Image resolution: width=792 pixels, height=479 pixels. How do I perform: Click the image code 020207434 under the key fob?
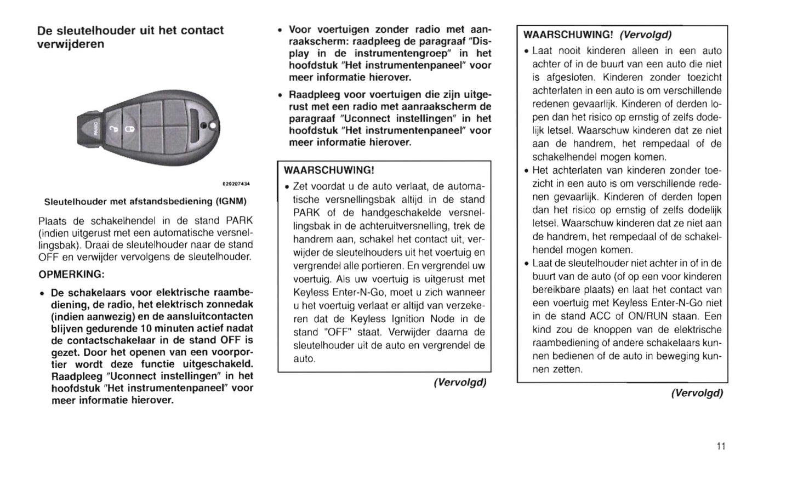(x=235, y=183)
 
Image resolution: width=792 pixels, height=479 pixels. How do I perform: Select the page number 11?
(x=721, y=446)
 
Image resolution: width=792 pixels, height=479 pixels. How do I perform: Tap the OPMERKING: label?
(x=71, y=274)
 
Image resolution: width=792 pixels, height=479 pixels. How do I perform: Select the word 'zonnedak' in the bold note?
(x=231, y=304)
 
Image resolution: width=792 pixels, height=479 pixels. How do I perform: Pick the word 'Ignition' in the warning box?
(x=409, y=319)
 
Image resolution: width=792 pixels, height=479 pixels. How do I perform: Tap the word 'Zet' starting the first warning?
(x=301, y=186)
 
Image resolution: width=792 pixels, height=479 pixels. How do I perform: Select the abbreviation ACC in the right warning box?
(x=600, y=316)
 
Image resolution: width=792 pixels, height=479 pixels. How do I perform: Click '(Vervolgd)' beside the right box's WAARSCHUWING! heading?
(x=645, y=35)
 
